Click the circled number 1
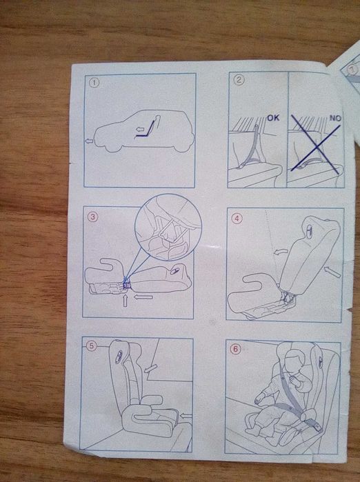click(94, 83)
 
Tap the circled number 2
click(239, 80)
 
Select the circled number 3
click(93, 217)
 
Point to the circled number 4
click(237, 219)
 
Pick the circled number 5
click(91, 346)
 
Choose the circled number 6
click(235, 349)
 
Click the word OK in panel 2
click(273, 118)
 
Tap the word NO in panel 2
click(335, 118)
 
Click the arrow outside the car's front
click(89, 141)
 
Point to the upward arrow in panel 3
click(125, 301)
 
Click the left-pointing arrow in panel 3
click(143, 297)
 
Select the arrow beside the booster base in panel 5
click(186, 416)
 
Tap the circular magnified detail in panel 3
click(168, 227)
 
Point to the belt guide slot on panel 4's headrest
click(309, 230)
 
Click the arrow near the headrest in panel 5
click(151, 368)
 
